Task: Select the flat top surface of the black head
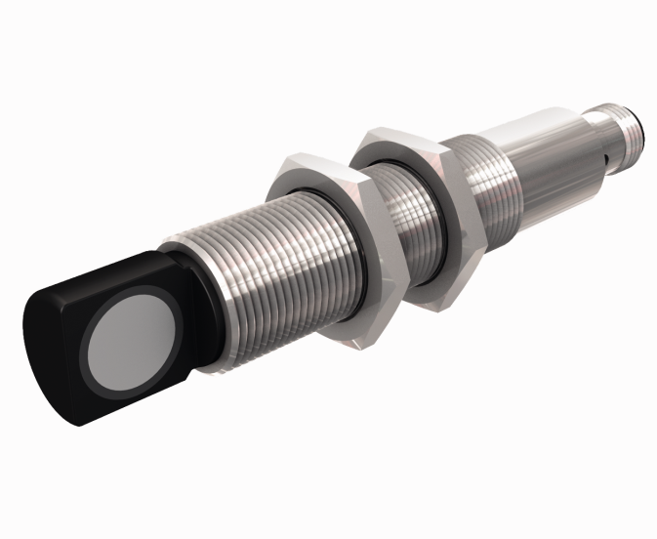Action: click(x=107, y=273)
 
